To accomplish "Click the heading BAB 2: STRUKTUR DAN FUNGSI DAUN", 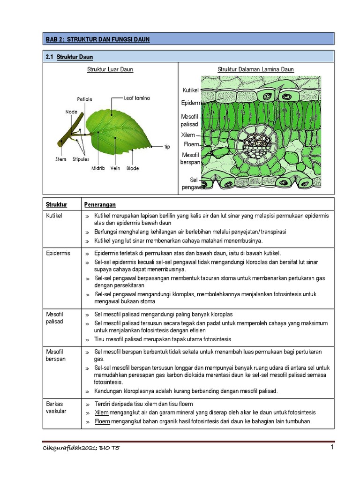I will tap(97, 40).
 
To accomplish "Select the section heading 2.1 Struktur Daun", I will tap(69, 57).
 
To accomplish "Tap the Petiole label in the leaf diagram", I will tap(85, 99).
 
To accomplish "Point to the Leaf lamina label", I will tap(137, 98).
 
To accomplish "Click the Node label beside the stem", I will tap(71, 112).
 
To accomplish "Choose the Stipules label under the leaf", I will tap(81, 160).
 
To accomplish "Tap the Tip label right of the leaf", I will tap(167, 147).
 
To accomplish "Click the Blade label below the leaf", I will tap(133, 168).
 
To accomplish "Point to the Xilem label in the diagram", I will tap(188, 135).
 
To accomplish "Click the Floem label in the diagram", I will tap(191, 144).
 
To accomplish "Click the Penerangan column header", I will tap(100, 205).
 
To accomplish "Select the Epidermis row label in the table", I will tap(58, 253).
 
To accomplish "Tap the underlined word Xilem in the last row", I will tap(102, 412).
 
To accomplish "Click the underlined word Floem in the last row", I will tap(102, 421).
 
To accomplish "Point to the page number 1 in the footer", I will tap(332, 448).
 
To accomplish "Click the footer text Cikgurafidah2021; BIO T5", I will tap(81, 449).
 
